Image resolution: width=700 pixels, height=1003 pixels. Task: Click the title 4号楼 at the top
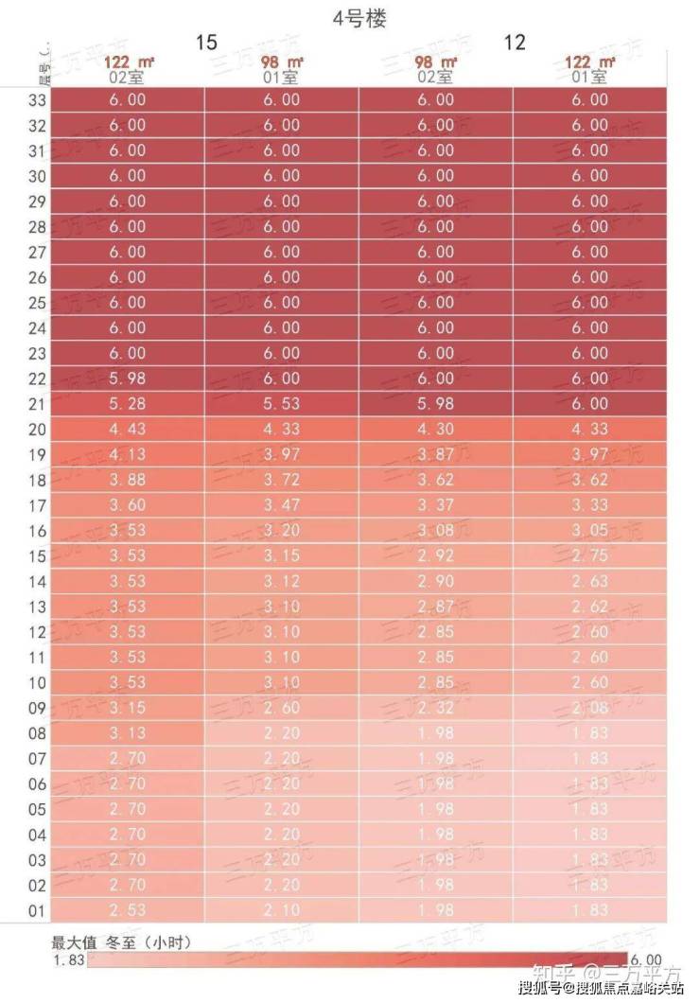(x=360, y=17)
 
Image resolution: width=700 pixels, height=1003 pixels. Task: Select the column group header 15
(x=206, y=43)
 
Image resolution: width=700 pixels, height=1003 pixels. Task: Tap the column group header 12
(x=515, y=43)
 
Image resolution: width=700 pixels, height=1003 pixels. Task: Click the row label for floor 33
(x=37, y=99)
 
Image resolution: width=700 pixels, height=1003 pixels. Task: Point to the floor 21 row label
(x=37, y=404)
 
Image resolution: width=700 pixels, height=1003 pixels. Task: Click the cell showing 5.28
(x=128, y=404)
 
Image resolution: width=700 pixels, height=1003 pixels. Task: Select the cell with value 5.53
(x=282, y=404)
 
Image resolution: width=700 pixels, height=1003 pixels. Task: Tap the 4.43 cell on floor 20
(x=128, y=430)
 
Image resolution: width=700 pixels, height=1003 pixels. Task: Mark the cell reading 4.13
(x=128, y=455)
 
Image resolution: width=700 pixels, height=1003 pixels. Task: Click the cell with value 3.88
(x=128, y=480)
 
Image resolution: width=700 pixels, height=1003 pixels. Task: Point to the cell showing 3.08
(x=435, y=531)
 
